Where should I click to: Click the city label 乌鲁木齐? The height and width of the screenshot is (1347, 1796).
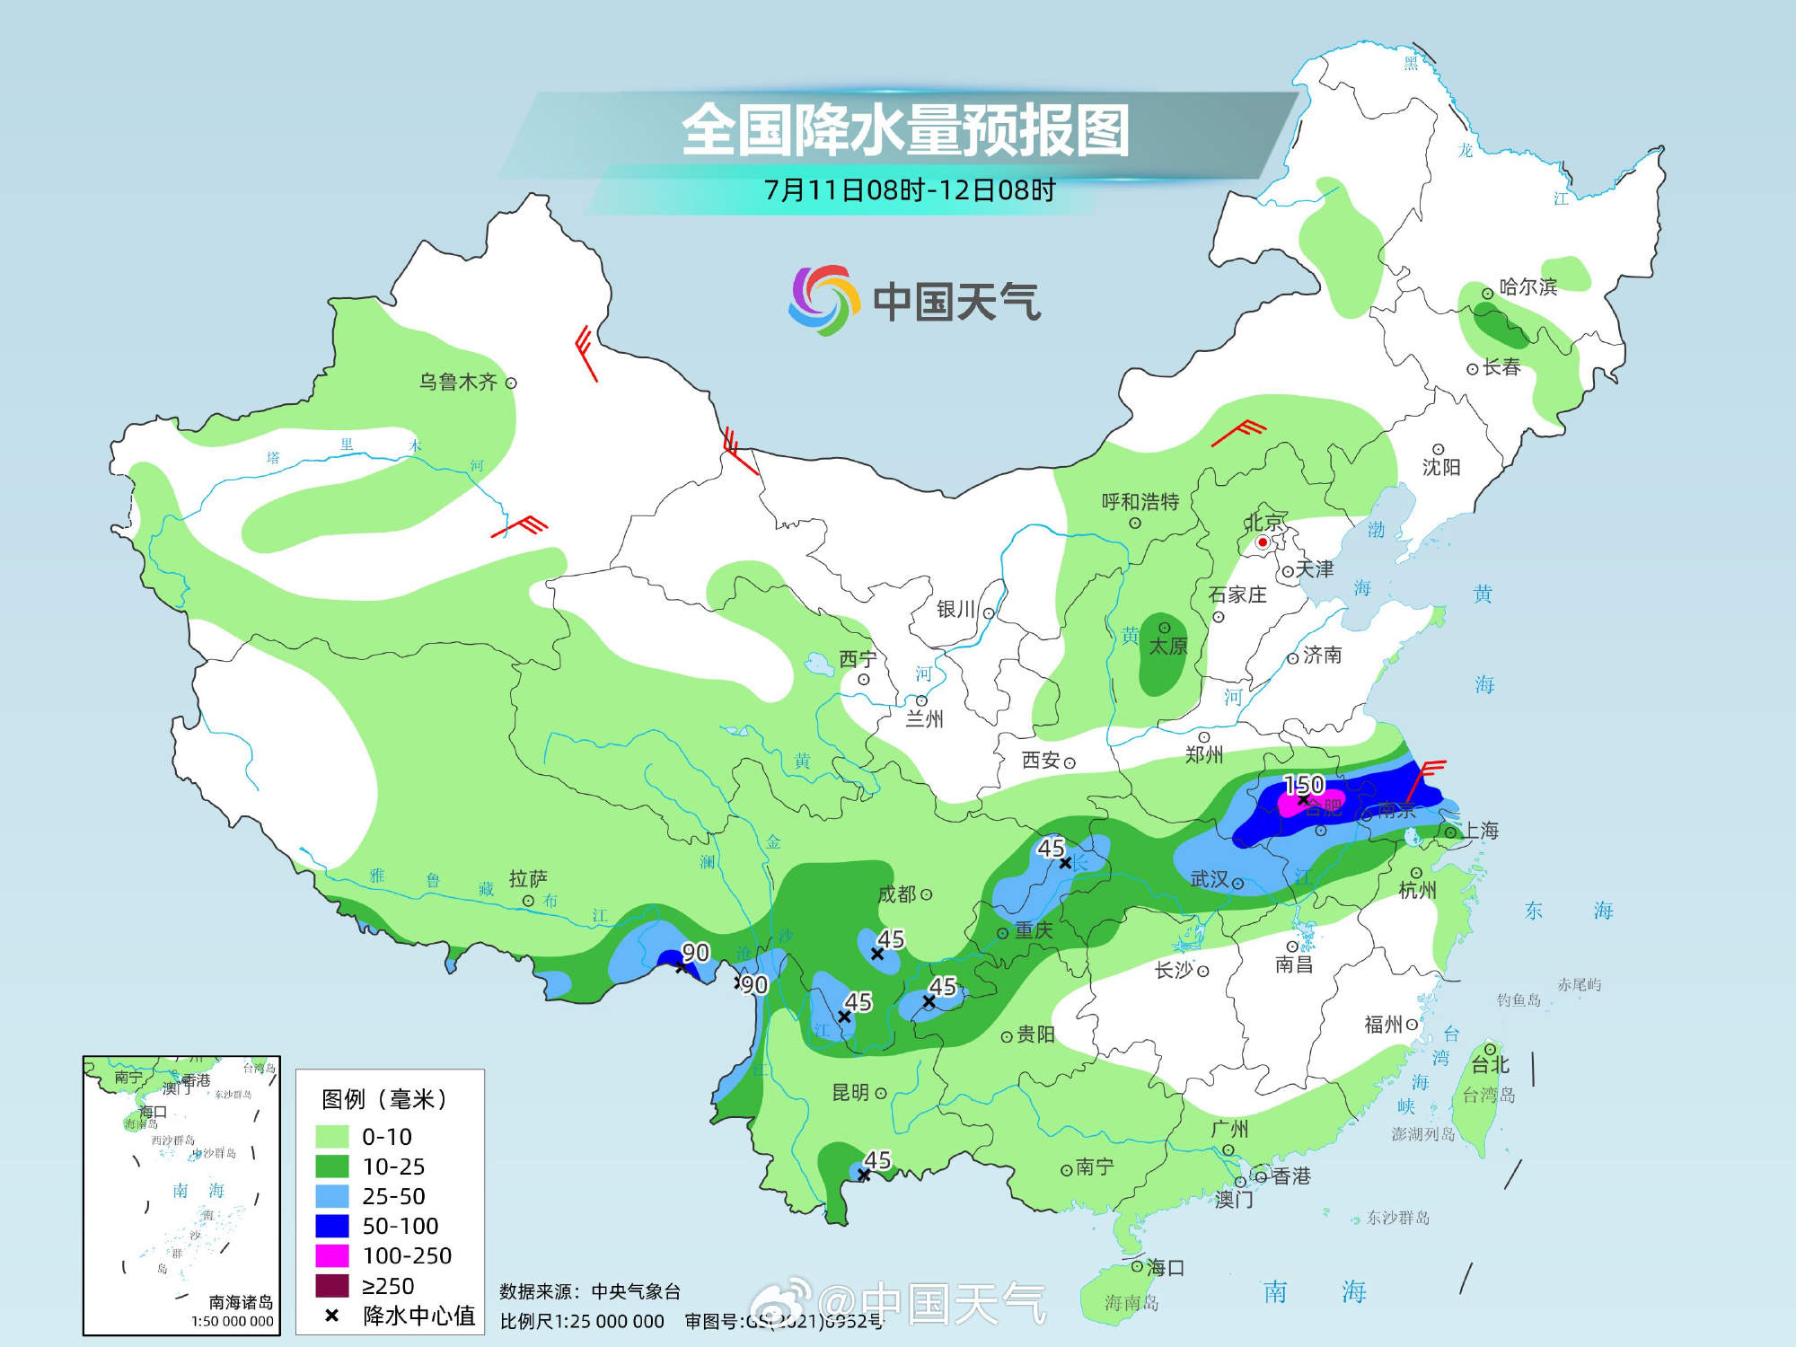(458, 382)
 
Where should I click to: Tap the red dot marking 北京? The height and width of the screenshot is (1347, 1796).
(1262, 542)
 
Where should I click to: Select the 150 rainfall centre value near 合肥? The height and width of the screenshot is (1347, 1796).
(1304, 785)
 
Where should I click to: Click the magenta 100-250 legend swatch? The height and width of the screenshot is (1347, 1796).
(331, 1255)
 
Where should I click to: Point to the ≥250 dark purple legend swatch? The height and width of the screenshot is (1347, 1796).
(331, 1285)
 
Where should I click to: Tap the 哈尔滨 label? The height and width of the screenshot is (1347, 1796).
(1527, 287)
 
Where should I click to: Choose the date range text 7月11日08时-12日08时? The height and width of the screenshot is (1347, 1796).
(909, 190)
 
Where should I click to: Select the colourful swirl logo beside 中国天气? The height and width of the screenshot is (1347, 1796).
(819, 300)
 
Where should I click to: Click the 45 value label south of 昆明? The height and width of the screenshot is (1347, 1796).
(877, 1160)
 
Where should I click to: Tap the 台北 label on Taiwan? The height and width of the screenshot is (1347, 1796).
(1491, 1065)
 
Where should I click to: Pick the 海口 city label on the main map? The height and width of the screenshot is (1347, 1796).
(1165, 1267)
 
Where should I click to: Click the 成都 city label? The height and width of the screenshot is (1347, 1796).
(896, 894)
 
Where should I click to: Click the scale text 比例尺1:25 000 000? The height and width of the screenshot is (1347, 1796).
(581, 1321)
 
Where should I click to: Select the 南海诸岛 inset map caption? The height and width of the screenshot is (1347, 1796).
(240, 1302)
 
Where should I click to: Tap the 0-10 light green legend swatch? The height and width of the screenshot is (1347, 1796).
(331, 1136)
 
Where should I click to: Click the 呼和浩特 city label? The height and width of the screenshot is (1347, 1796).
(1140, 502)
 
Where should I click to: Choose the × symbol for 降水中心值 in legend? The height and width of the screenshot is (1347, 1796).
(331, 1316)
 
